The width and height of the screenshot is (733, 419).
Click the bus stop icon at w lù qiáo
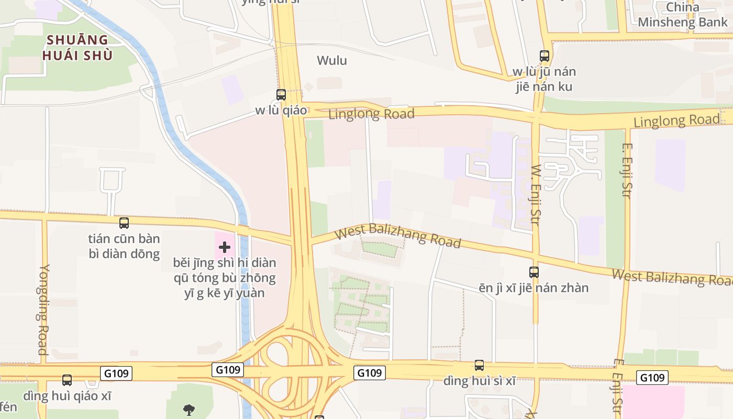coord(281,95)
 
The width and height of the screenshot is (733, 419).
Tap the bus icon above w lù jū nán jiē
coord(545,56)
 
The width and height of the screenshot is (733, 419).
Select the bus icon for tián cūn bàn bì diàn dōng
coord(124,223)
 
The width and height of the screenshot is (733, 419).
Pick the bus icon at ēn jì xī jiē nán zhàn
coord(534,272)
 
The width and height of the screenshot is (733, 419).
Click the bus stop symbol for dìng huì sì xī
coord(479,366)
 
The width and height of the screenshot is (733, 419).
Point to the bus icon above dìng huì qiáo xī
coord(67,380)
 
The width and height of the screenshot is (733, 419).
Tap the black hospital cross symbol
coord(225,247)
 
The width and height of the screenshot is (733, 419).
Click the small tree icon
coord(189,410)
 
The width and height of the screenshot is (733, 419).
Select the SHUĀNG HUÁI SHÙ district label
coord(78,48)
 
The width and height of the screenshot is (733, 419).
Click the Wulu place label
coord(332,60)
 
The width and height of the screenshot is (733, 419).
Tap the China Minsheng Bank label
coord(683,15)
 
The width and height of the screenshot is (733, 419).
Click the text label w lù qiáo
coord(281,111)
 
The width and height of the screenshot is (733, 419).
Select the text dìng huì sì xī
coord(479,381)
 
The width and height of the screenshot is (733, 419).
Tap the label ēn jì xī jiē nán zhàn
coord(534,288)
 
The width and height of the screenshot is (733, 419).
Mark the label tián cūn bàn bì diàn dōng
coord(124,247)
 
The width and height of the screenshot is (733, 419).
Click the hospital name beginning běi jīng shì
coord(225,278)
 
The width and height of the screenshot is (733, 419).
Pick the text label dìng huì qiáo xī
coord(67,395)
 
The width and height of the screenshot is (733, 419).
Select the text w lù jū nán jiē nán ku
coord(545,79)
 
